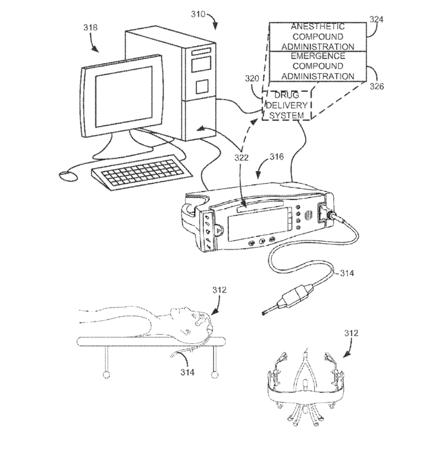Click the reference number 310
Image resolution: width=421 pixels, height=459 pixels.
(x=198, y=14)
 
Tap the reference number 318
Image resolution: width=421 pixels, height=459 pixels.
(x=90, y=28)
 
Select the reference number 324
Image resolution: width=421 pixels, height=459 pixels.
(x=376, y=19)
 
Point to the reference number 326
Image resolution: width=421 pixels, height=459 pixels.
(x=377, y=86)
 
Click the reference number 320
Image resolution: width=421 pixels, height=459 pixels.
(x=252, y=78)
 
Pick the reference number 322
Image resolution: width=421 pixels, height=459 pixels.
(x=241, y=157)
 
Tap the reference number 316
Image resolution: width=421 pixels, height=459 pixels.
(x=277, y=157)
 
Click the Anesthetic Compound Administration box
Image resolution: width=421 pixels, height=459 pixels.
(x=318, y=37)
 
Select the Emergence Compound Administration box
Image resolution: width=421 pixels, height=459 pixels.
(x=318, y=66)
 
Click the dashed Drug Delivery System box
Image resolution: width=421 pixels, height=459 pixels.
(x=286, y=105)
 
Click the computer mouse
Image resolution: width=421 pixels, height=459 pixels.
(x=68, y=176)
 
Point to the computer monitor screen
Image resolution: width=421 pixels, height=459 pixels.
(x=124, y=96)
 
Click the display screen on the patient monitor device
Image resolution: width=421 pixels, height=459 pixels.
(x=257, y=224)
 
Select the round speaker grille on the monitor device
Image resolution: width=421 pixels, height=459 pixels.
(x=308, y=215)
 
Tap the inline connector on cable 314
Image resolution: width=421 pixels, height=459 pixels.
(x=297, y=296)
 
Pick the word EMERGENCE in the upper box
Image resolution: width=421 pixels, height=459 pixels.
(x=318, y=56)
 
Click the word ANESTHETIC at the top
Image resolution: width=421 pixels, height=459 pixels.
(x=318, y=26)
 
